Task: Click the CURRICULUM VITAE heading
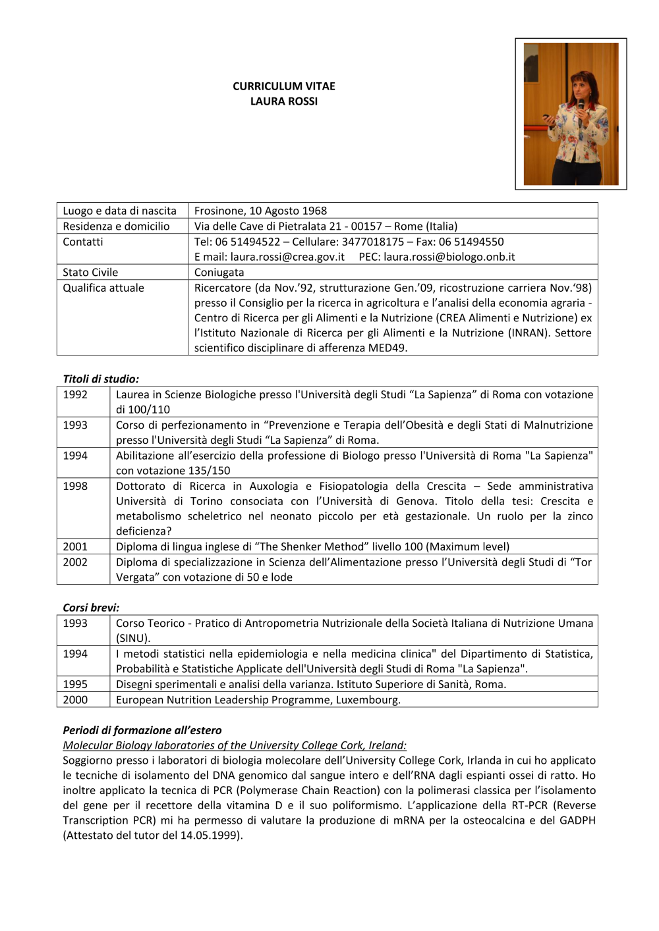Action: [x=284, y=86]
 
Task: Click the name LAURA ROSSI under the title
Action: [x=284, y=101]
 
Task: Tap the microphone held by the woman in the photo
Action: [x=581, y=106]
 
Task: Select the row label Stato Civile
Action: [x=90, y=273]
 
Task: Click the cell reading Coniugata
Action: [x=219, y=273]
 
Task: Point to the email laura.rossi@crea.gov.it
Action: [x=287, y=257]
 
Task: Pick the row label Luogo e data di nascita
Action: [x=119, y=211]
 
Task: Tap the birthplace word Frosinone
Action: [x=218, y=211]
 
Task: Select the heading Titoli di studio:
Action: [x=101, y=379]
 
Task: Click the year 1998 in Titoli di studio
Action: [x=75, y=486]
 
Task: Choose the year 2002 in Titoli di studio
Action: [x=75, y=562]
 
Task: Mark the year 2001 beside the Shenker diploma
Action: [x=75, y=546]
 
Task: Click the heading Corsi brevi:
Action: [x=91, y=607]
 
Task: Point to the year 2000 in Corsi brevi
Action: [x=75, y=700]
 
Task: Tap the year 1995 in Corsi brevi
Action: [x=75, y=684]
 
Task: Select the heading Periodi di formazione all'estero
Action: [x=142, y=730]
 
